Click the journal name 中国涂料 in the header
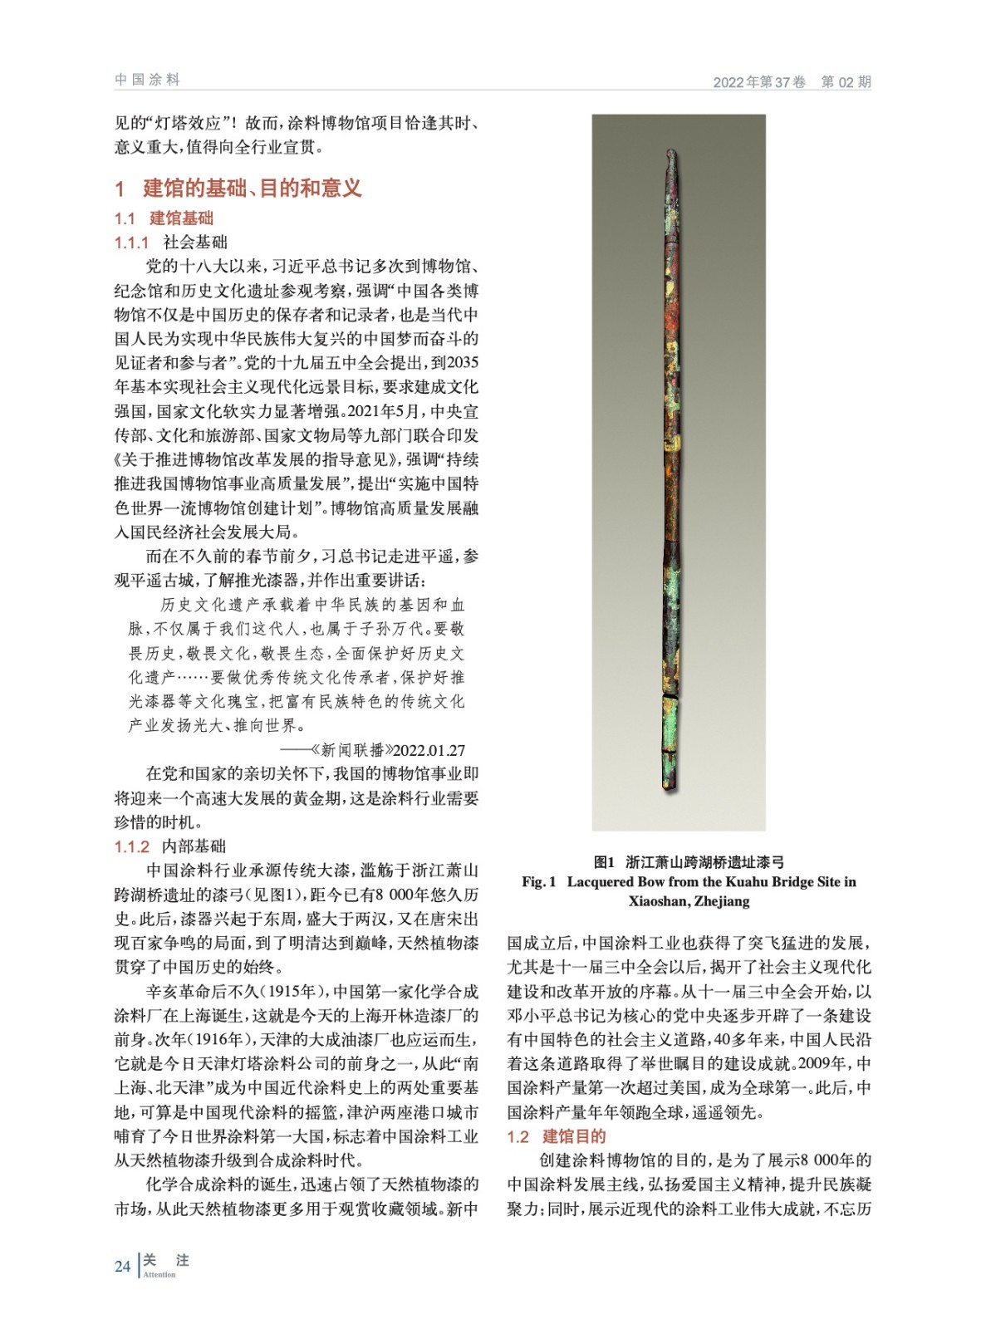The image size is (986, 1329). [147, 80]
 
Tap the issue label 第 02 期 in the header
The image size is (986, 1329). [846, 81]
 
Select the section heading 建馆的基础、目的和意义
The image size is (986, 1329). [252, 189]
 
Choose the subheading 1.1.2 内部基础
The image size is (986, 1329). [169, 846]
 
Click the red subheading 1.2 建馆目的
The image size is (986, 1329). [557, 1136]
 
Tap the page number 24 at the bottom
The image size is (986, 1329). [122, 1267]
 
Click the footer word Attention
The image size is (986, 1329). [159, 1275]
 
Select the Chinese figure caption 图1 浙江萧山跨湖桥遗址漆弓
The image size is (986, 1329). [689, 862]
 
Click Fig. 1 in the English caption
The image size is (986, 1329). [539, 882]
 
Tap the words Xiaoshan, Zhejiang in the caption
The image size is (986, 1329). [689, 901]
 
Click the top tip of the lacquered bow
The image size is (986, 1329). [671, 153]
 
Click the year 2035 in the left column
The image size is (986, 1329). [463, 363]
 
